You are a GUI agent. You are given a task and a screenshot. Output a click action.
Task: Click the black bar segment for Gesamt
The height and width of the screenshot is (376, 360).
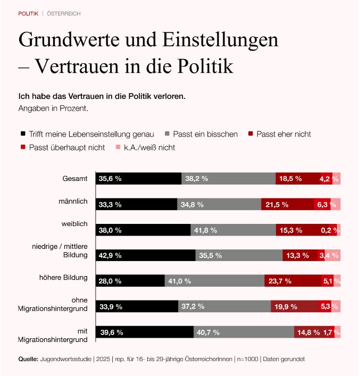pyautogui.click(x=138, y=179)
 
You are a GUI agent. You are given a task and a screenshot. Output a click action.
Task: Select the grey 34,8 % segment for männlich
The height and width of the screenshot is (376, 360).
pyautogui.click(x=219, y=204)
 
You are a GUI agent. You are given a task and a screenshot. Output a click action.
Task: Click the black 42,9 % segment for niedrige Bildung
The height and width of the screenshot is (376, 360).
pyautogui.click(x=145, y=255)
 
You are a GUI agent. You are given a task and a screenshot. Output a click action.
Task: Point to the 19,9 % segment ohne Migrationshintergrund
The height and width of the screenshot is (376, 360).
pyautogui.click(x=294, y=306)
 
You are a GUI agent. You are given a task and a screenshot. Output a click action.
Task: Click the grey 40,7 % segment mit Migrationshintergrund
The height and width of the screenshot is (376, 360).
pyautogui.click(x=244, y=332)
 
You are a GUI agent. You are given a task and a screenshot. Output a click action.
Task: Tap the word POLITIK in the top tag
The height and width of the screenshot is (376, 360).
pyautogui.click(x=28, y=13)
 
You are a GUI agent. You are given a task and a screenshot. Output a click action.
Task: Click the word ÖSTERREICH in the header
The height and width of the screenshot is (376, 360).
pyautogui.click(x=64, y=13)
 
